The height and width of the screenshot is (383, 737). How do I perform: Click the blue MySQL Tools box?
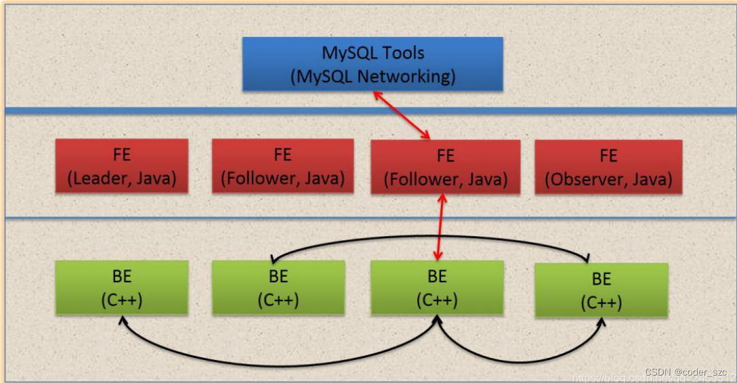[x=373, y=63]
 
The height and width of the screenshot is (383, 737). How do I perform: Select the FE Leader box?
[x=122, y=166]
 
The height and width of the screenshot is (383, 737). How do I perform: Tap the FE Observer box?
[x=608, y=166]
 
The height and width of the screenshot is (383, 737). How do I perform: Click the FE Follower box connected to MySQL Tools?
[x=445, y=167]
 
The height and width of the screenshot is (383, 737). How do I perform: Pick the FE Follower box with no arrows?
[x=282, y=166]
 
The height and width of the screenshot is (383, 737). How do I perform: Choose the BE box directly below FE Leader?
[x=122, y=288]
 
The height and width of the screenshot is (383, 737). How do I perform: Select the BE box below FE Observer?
[x=602, y=290]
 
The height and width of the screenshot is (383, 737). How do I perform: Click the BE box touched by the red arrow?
[x=437, y=288]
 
